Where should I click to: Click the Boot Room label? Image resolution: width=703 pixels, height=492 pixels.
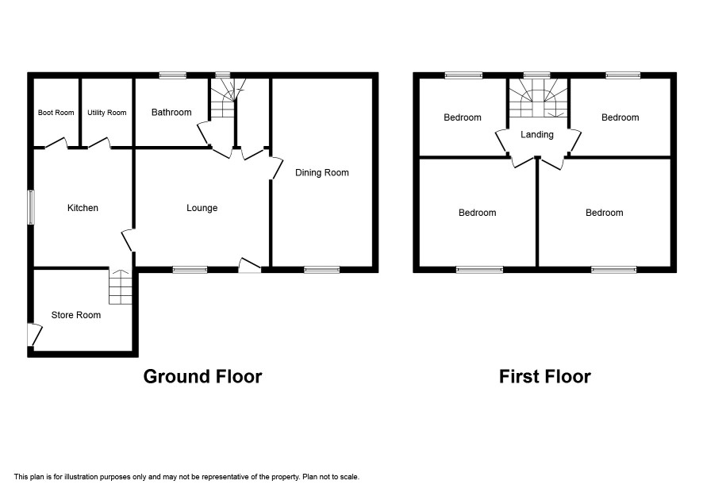click(x=56, y=113)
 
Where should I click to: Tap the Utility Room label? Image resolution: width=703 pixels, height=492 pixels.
click(x=106, y=113)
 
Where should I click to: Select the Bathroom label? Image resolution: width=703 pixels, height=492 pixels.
click(x=171, y=112)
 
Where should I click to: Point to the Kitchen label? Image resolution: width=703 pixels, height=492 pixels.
click(x=83, y=208)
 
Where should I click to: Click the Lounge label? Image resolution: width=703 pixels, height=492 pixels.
click(x=202, y=208)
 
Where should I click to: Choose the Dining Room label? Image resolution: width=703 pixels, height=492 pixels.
click(x=322, y=173)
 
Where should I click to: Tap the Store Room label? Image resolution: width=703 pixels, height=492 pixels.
click(x=75, y=315)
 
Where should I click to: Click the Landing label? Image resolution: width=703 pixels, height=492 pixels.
click(x=536, y=135)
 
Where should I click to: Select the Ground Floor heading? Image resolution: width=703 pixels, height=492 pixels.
click(x=202, y=376)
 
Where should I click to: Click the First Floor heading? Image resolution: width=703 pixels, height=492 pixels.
click(x=545, y=376)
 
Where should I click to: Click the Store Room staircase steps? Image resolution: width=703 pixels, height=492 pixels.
click(x=121, y=286)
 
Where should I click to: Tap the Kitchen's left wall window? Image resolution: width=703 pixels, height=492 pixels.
click(x=31, y=207)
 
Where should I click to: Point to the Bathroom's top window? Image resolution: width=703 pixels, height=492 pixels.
click(x=173, y=75)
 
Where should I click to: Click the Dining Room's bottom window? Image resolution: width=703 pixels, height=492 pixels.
click(x=322, y=270)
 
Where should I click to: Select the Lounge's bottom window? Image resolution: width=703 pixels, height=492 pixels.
click(x=190, y=270)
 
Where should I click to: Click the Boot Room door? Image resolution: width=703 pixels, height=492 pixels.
click(x=56, y=143)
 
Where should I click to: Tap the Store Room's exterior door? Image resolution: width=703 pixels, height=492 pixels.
click(x=35, y=335)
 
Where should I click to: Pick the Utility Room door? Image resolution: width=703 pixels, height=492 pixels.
click(x=99, y=143)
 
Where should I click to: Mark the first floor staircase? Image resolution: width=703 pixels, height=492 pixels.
click(x=537, y=98)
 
